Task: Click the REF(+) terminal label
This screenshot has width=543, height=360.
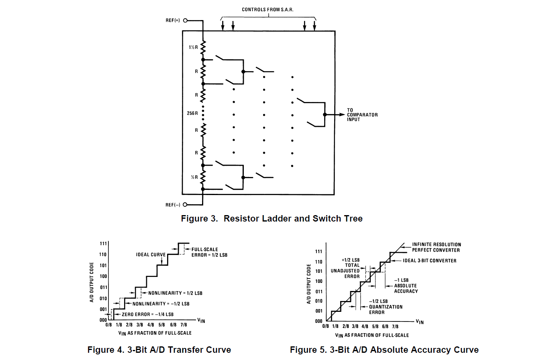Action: click(173, 20)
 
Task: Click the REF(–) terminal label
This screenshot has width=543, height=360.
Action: click(173, 205)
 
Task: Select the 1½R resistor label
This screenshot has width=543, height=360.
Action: click(193, 47)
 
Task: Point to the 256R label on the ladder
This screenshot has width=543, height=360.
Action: click(192, 113)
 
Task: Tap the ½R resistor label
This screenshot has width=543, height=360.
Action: click(194, 177)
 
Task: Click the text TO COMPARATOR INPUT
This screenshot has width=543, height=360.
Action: click(362, 115)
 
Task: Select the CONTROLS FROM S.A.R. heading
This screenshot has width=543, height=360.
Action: click(267, 10)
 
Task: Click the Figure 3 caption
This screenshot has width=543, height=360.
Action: click(271, 219)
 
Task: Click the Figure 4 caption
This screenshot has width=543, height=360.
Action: click(159, 350)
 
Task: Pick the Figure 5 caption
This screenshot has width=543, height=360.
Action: click(384, 350)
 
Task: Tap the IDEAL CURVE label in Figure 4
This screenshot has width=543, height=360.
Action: click(151, 254)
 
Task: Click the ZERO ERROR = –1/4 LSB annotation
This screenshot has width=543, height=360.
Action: click(147, 314)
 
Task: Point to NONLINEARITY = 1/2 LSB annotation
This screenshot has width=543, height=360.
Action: click(175, 293)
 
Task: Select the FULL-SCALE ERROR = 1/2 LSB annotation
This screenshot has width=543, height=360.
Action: click(209, 252)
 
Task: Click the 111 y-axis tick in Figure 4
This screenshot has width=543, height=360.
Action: click(103, 244)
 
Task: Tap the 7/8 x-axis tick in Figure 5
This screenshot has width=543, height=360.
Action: click(395, 327)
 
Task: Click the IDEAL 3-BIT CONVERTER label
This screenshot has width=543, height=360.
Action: click(429, 260)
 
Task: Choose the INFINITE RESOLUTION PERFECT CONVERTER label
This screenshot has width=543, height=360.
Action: click(436, 247)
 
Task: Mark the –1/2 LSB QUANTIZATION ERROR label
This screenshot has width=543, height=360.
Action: click(385, 307)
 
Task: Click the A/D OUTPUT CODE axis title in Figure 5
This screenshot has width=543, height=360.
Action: click(309, 284)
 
